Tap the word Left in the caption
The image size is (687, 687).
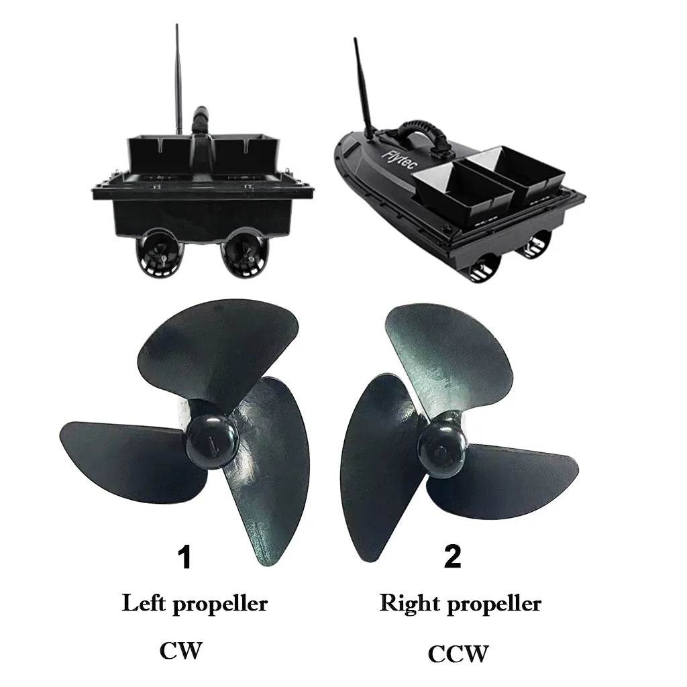pyautogui.click(x=144, y=603)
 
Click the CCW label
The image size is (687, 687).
pyautogui.click(x=458, y=653)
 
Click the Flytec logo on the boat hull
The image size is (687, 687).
pyautogui.click(x=400, y=160)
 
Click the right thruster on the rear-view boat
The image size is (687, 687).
pyautogui.click(x=244, y=253)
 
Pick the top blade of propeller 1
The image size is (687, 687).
pyautogui.click(x=219, y=350)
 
